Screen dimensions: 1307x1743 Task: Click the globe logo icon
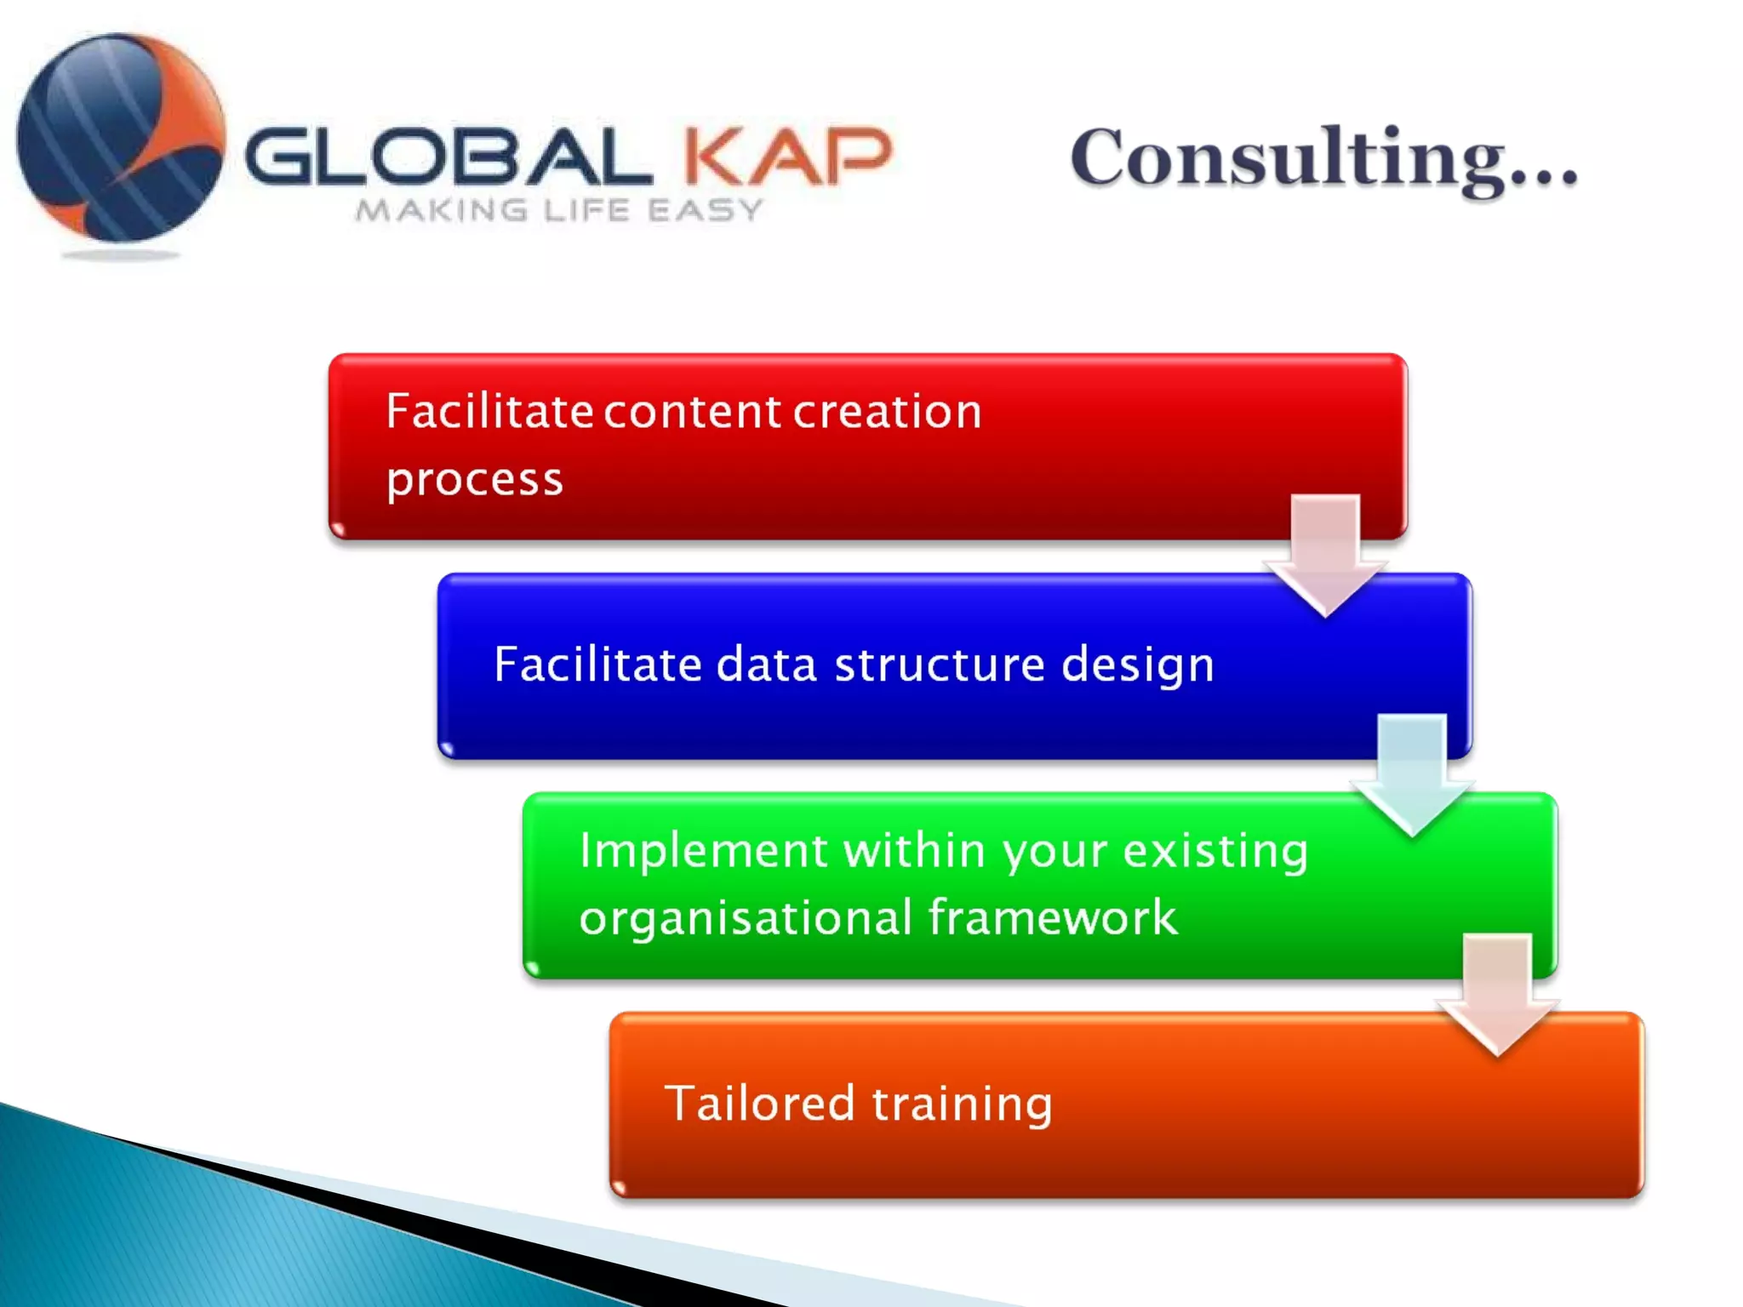click(x=121, y=138)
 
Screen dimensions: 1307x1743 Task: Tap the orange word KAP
click(x=788, y=157)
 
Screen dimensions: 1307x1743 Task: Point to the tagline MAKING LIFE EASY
click(x=559, y=210)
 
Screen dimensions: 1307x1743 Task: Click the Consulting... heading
click(x=1323, y=159)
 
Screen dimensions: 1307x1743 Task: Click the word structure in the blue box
click(x=940, y=665)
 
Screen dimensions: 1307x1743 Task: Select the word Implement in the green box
click(x=703, y=851)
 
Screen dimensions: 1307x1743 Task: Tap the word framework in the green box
click(x=1053, y=918)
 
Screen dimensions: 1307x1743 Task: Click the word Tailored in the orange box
click(x=759, y=1104)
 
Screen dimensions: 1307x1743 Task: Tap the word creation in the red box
click(x=888, y=413)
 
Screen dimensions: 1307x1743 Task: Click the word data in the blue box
click(x=767, y=665)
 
